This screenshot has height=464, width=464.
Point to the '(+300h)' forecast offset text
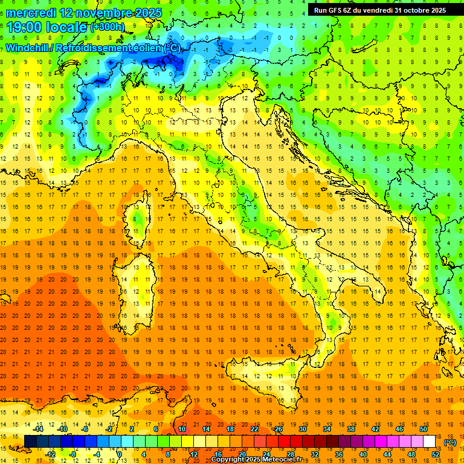108,27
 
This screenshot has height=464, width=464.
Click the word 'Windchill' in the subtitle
27,48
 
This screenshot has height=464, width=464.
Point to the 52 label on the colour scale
436,454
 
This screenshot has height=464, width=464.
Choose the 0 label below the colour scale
120,454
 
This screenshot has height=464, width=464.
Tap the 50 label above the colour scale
424,429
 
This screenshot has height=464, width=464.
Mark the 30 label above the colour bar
303,429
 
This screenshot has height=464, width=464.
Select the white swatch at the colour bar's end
430,442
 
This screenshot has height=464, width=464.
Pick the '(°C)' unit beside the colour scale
449,442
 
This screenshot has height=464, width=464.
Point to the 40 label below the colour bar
363,454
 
